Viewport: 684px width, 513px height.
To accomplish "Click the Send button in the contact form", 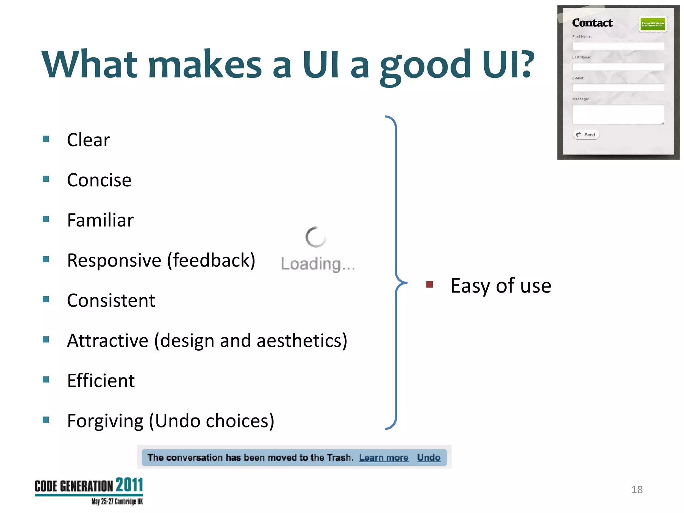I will (586, 135).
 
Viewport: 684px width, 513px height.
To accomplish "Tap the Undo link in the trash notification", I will (429, 458).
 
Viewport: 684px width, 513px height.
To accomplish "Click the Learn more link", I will (383, 458).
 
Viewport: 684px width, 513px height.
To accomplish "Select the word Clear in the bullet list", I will (88, 140).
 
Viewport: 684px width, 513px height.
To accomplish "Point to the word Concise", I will (99, 180).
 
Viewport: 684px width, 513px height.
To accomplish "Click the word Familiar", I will (100, 220).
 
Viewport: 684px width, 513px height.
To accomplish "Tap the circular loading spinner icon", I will (315, 237).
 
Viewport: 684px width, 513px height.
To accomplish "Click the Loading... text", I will (318, 264).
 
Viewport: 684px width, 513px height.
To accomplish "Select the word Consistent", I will (111, 300).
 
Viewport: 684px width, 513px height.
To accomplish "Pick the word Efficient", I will (101, 380).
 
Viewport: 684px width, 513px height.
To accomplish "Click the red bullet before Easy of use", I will (430, 284).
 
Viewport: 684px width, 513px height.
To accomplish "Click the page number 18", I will (637, 490).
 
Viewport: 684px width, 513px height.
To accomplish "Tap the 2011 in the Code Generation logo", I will (129, 485).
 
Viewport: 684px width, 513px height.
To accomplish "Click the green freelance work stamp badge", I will (653, 24).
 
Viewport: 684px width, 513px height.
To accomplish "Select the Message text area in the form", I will (618, 115).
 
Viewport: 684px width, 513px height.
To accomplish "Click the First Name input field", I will (618, 46).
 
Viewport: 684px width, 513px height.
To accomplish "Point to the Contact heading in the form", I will (592, 23).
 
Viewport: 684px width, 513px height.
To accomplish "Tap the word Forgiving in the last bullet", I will (105, 421).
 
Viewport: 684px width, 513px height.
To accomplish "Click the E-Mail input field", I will (618, 88).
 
